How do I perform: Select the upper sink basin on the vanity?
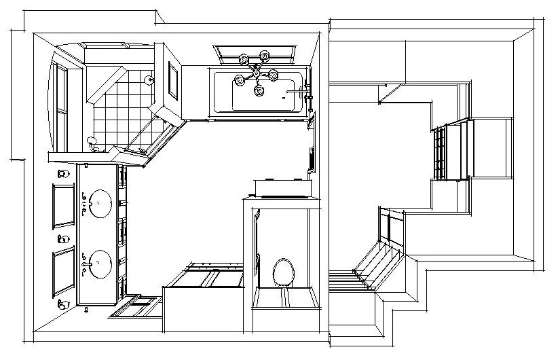[100, 202]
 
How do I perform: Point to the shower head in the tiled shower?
[149, 79]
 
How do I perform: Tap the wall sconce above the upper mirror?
[64, 175]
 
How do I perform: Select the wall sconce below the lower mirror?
[64, 303]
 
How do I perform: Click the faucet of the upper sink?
[84, 203]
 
